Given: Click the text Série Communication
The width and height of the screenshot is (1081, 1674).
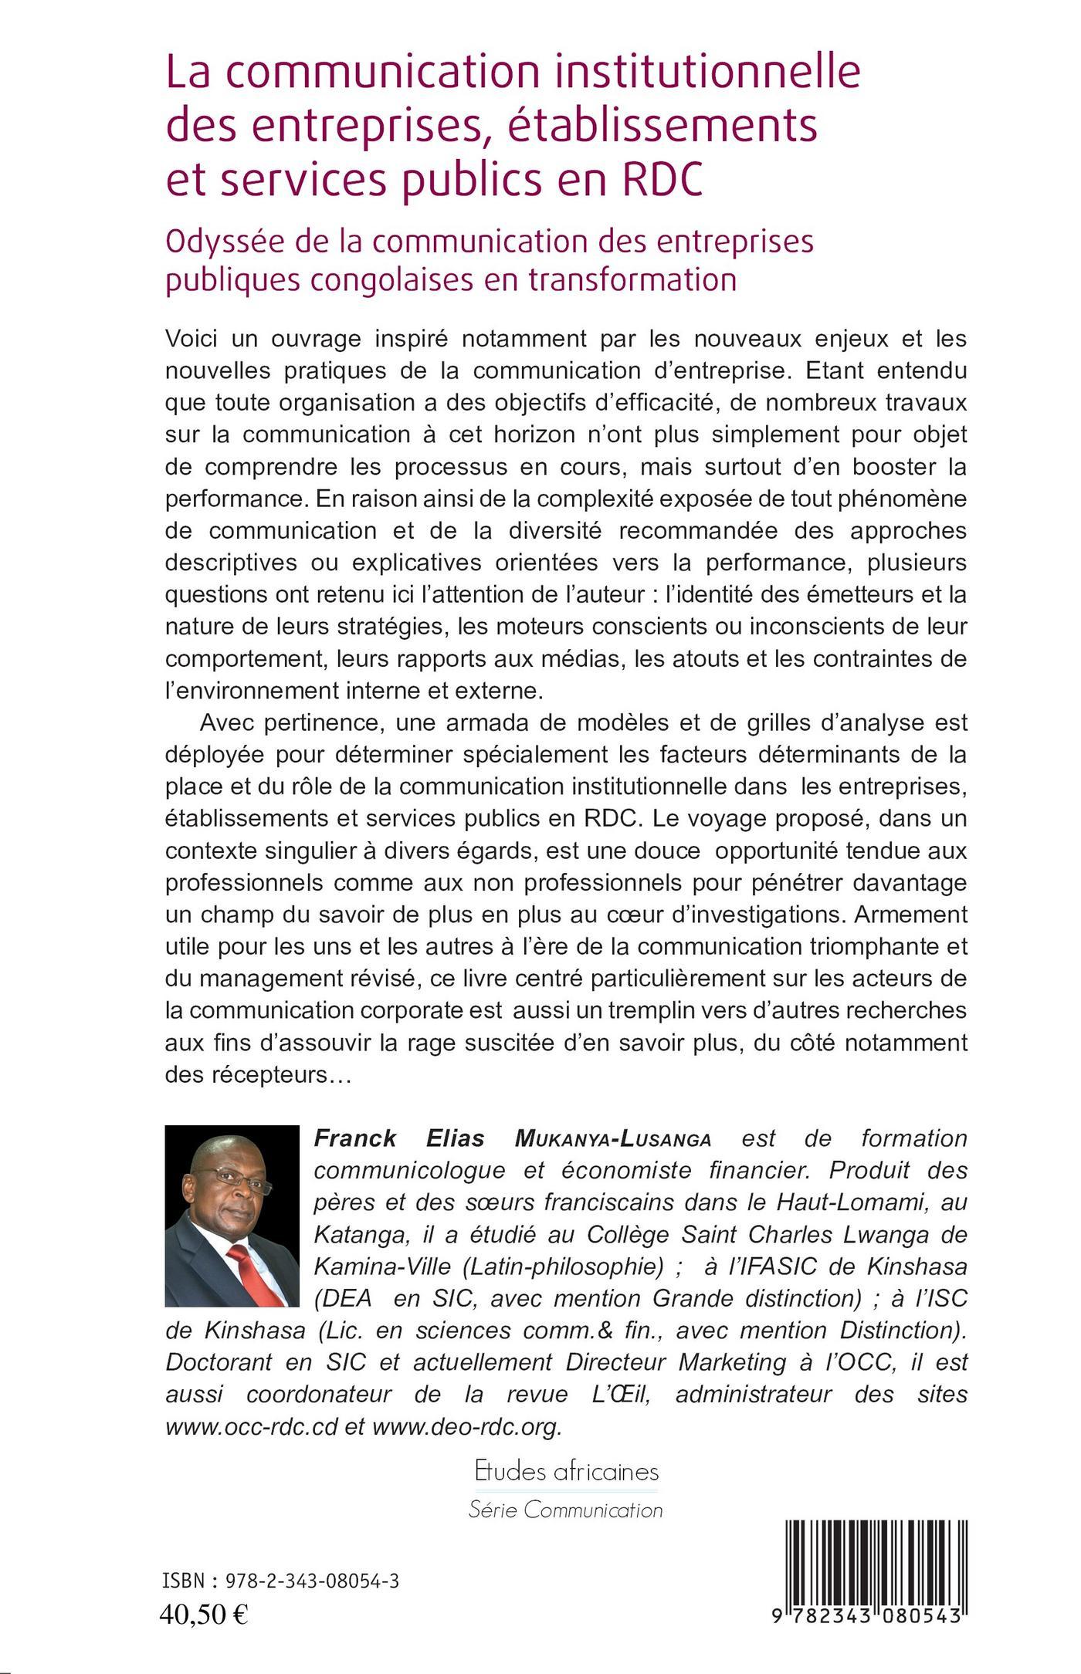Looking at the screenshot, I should pos(566,1510).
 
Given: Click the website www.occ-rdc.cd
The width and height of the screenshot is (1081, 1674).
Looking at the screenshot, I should pos(252,1427).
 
